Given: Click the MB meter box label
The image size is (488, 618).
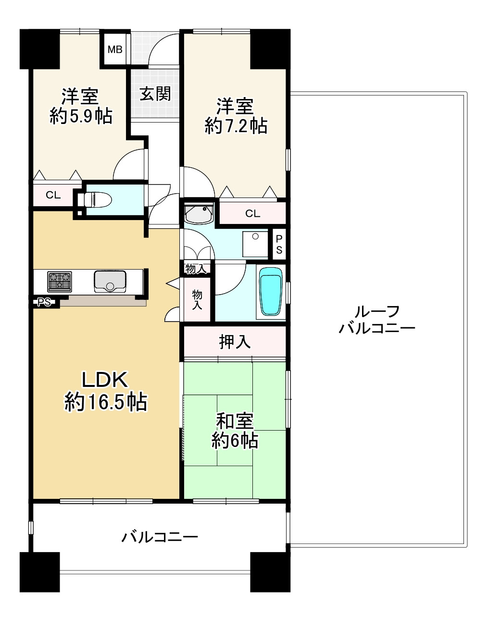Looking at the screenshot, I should pyautogui.click(x=115, y=49).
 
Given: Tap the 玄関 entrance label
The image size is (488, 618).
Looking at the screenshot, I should pyautogui.click(x=155, y=94).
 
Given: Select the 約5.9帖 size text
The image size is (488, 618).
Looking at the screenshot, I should pyautogui.click(x=81, y=116).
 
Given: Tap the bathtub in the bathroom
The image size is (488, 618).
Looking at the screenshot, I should pyautogui.click(x=271, y=291).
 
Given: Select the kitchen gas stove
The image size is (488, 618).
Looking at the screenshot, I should pyautogui.click(x=60, y=281).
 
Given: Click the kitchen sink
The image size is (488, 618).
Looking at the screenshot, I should pyautogui.click(x=110, y=281).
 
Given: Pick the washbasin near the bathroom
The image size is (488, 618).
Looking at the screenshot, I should pyautogui.click(x=199, y=213).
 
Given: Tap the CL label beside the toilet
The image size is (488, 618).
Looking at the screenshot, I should pyautogui.click(x=53, y=195).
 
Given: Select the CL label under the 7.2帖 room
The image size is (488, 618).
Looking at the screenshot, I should pyautogui.click(x=252, y=214).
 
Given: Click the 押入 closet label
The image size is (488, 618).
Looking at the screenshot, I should pyautogui.click(x=235, y=342).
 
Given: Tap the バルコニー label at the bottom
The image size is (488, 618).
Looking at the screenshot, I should pyautogui.click(x=159, y=536).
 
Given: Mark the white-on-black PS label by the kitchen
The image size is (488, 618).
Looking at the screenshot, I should pyautogui.click(x=44, y=302).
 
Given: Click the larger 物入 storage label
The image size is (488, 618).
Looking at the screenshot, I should pyautogui.click(x=197, y=300).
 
